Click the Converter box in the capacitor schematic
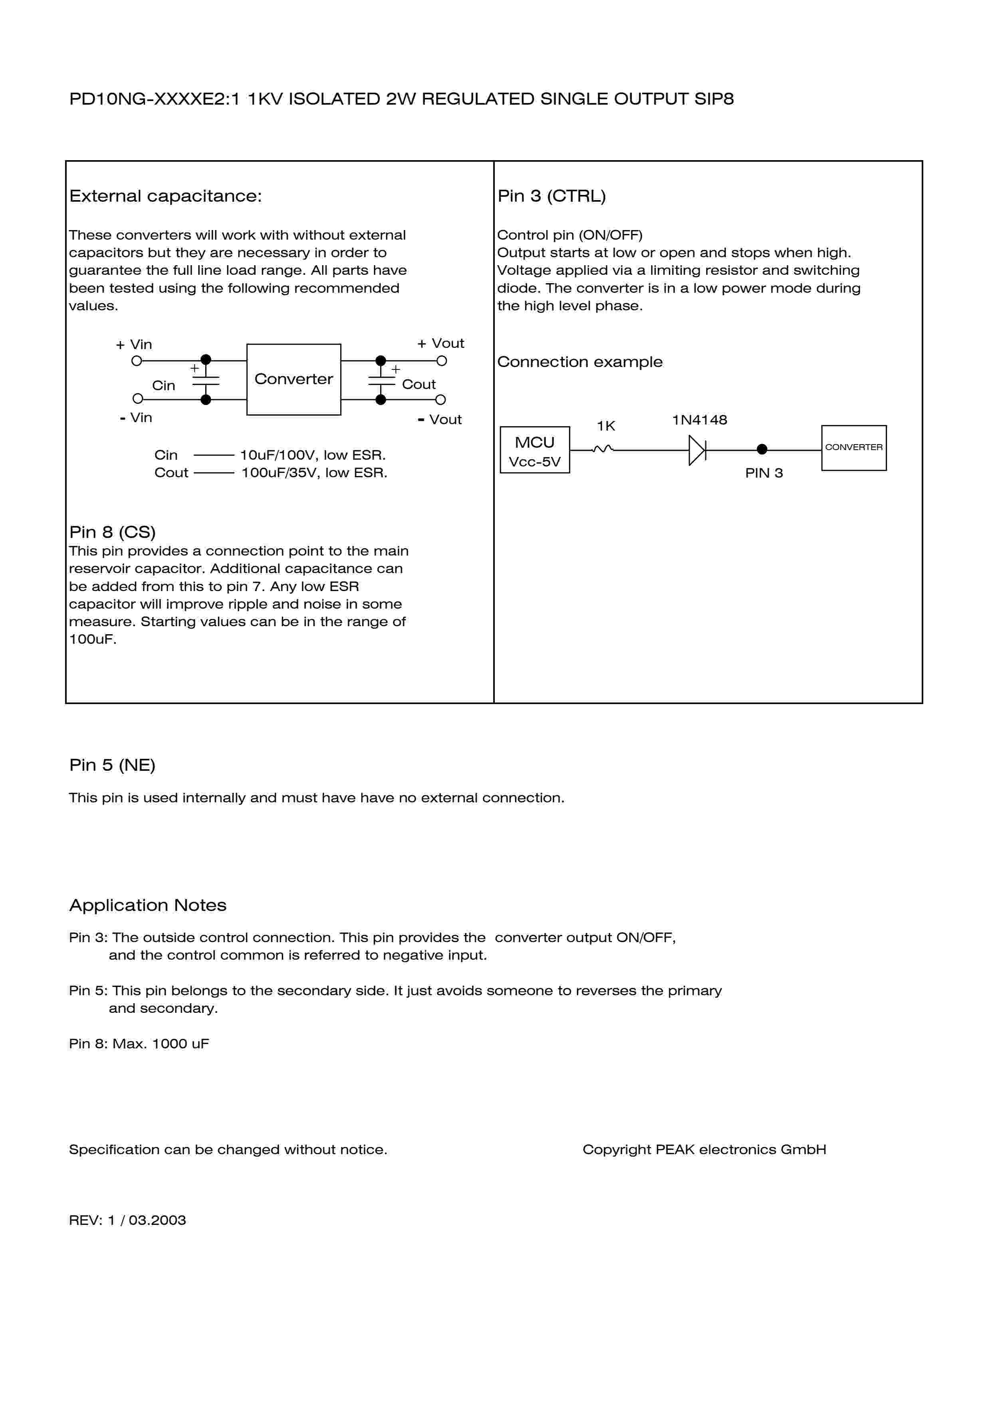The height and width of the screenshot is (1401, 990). point(294,379)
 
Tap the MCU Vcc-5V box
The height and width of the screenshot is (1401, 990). point(534,450)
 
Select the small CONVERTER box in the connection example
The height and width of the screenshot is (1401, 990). point(853,448)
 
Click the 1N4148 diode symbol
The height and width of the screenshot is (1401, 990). point(696,450)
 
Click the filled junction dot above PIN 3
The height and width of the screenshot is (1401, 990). point(762,449)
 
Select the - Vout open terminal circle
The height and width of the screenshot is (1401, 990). point(440,400)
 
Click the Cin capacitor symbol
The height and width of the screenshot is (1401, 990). point(206,380)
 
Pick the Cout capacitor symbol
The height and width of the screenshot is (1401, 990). point(381,380)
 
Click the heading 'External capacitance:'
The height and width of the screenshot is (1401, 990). point(165,196)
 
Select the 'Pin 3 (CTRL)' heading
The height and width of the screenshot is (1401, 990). point(552,196)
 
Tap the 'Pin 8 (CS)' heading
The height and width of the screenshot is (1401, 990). point(112,532)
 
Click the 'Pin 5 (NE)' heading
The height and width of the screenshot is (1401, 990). point(112,765)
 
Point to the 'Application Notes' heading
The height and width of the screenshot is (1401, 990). point(148,905)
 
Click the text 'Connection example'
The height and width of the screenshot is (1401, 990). point(579,362)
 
